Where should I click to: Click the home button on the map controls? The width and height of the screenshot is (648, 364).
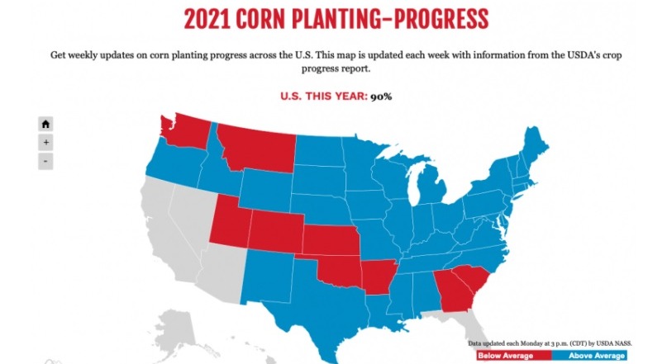tap(45, 124)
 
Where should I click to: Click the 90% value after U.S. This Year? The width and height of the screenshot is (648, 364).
tap(381, 97)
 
